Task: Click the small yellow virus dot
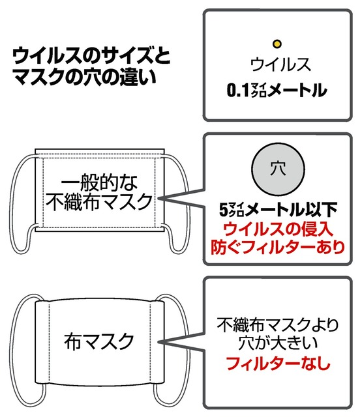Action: click(277, 44)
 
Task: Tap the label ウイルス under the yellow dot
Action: click(280, 65)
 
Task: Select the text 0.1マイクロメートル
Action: click(277, 91)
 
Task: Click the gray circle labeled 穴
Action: click(278, 169)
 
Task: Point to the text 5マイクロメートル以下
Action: click(278, 210)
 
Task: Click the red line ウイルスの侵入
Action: click(278, 229)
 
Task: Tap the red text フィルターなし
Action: click(278, 363)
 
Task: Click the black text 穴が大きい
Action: click(278, 343)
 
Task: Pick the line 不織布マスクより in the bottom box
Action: click(278, 324)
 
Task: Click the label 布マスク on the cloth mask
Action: click(99, 341)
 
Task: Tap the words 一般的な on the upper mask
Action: click(99, 183)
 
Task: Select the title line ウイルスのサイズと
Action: click(91, 57)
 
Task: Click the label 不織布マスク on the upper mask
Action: click(99, 202)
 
